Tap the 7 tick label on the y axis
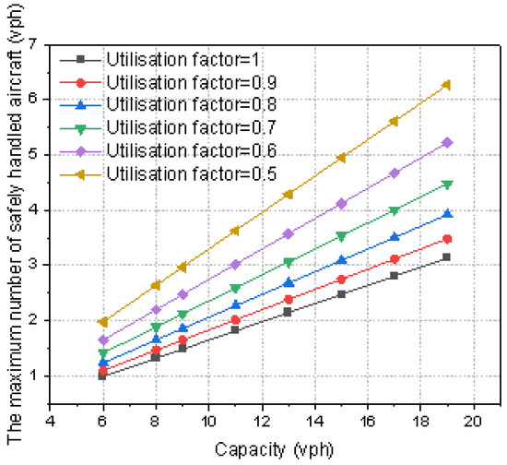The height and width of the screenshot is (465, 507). coord(33,44)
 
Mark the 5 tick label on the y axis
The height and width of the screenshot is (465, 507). coord(33,155)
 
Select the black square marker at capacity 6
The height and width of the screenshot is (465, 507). coord(102,376)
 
